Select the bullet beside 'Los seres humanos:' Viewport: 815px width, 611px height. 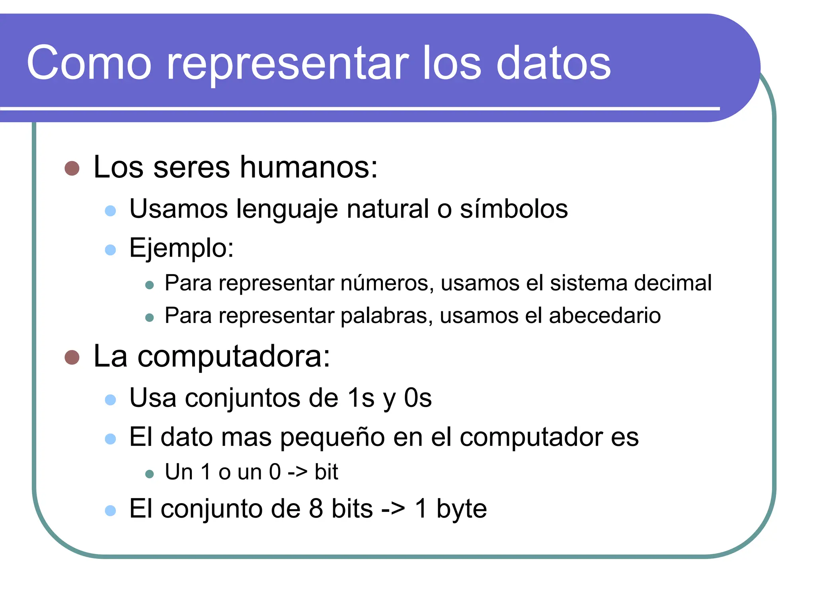point(72,168)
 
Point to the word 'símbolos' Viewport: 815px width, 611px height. point(514,209)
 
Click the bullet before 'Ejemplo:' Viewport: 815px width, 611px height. point(110,250)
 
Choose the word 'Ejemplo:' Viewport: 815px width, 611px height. point(181,248)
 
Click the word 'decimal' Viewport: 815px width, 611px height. point(673,283)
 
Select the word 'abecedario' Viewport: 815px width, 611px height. point(605,316)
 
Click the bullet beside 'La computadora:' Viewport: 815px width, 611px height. point(72,357)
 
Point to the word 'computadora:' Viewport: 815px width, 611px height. point(234,356)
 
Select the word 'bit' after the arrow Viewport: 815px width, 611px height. point(326,472)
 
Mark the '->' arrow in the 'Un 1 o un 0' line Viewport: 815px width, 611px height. point(297,472)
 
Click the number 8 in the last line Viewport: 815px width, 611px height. point(316,509)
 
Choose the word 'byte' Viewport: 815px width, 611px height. point(461,510)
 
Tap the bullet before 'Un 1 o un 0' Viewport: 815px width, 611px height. point(150,474)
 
